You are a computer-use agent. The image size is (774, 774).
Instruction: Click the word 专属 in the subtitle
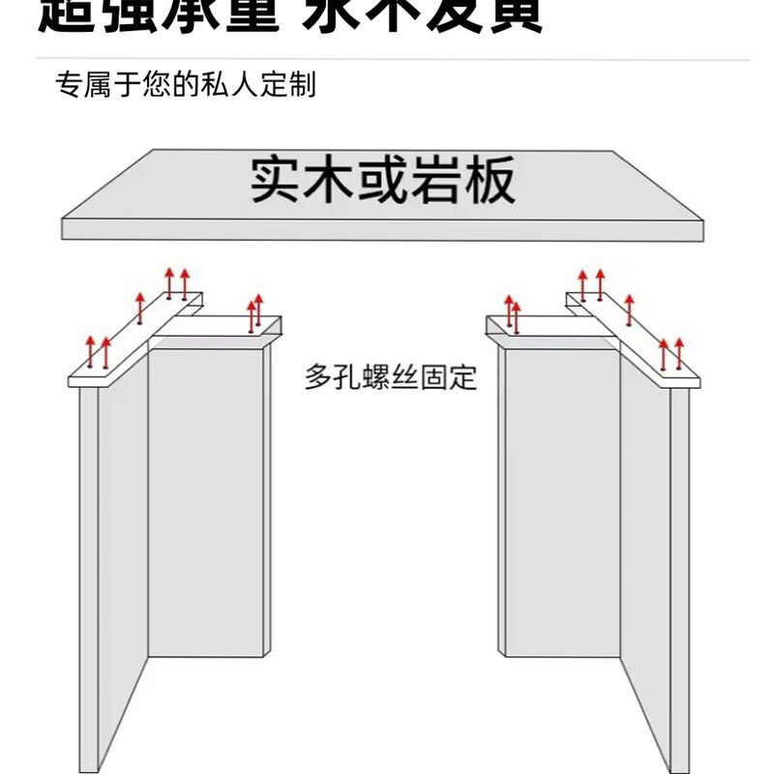[81, 85]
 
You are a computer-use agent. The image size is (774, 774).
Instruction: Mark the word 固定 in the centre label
[449, 376]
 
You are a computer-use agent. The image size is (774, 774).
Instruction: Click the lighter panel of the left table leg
[205, 503]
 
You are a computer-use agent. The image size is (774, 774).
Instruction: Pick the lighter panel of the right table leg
[561, 503]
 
